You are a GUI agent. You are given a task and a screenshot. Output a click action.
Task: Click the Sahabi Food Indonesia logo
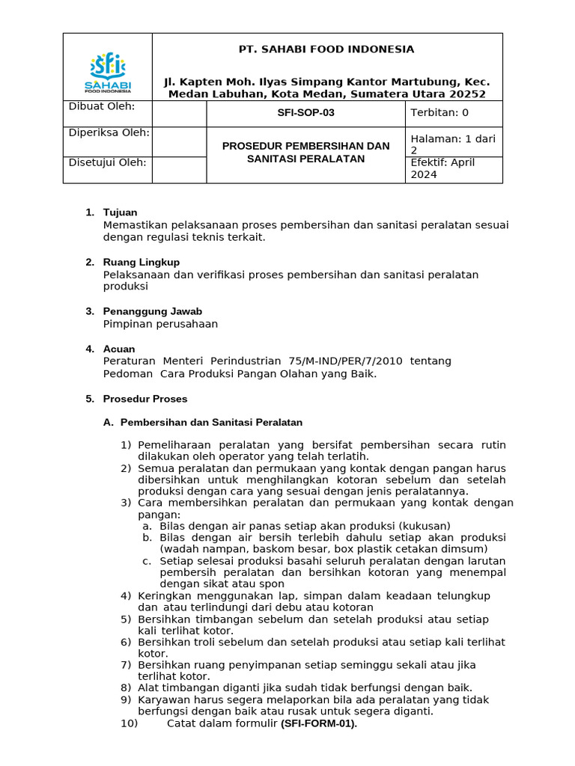pyautogui.click(x=107, y=73)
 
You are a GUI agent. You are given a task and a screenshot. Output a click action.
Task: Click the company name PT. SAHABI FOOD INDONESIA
pyautogui.click(x=326, y=49)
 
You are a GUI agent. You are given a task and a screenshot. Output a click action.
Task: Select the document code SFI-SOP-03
pyautogui.click(x=306, y=114)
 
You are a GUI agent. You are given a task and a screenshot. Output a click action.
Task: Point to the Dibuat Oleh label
pyautogui.click(x=102, y=106)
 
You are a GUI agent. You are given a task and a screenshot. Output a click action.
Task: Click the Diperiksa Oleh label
pyautogui.click(x=109, y=132)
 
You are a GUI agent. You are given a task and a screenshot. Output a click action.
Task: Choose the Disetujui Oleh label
pyautogui.click(x=108, y=162)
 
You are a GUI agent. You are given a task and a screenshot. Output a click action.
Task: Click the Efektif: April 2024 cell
pyautogui.click(x=442, y=168)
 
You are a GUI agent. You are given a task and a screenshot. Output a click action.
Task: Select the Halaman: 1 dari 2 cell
pyautogui.click(x=452, y=144)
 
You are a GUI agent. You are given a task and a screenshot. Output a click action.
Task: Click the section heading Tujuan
pyautogui.click(x=120, y=212)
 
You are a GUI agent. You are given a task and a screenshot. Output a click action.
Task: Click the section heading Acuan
pyautogui.click(x=119, y=349)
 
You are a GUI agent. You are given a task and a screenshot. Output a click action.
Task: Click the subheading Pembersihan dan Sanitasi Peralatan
pyautogui.click(x=211, y=423)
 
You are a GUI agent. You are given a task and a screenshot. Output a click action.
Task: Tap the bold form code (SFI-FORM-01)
pyautogui.click(x=318, y=723)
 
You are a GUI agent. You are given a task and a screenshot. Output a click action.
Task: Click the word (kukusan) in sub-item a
pyautogui.click(x=425, y=526)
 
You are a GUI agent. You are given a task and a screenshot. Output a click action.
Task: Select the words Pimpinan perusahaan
pyautogui.click(x=160, y=324)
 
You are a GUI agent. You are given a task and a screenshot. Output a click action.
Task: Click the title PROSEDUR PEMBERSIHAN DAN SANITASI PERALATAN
pyautogui.click(x=305, y=152)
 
